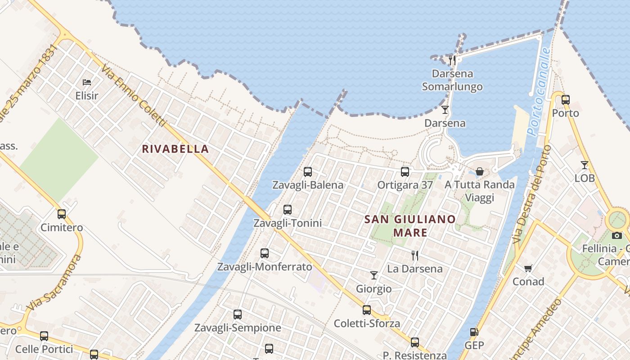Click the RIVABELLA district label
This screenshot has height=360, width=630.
point(175,149)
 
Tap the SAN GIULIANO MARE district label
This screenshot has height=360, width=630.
point(409,226)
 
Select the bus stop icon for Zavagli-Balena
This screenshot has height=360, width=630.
point(308,172)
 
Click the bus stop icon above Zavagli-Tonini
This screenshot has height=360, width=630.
point(288,210)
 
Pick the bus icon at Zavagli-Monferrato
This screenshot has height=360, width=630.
point(265,253)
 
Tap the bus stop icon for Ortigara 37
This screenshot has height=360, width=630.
point(405,172)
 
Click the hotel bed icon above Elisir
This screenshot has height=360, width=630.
point(87,82)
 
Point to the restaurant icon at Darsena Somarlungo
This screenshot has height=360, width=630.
point(452,60)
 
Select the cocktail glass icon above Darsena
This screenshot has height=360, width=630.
point(445,109)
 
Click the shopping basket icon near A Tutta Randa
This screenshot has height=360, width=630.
point(480,171)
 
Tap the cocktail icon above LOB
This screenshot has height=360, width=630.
point(585,165)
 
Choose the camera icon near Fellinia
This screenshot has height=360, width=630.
point(617,235)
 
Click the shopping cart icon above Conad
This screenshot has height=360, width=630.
point(528,268)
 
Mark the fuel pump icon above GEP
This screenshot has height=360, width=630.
point(474,332)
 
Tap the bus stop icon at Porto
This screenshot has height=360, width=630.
point(566,100)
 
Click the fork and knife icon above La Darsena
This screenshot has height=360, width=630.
point(415,256)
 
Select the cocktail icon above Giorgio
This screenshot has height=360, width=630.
point(374,275)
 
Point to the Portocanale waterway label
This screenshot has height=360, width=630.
point(539,92)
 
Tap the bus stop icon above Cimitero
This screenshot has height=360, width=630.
point(62,214)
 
